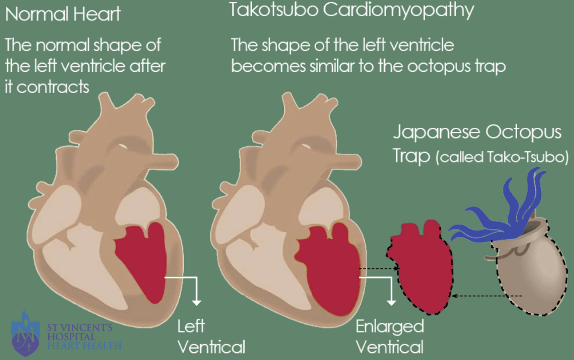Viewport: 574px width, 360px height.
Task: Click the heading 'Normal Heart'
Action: click(63, 14)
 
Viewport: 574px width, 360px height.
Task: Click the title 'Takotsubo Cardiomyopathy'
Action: click(351, 11)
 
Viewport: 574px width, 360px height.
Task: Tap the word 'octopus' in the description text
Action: click(439, 66)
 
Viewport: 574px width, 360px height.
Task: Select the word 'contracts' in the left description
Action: click(53, 87)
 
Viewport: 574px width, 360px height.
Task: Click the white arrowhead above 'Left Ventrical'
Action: click(196, 303)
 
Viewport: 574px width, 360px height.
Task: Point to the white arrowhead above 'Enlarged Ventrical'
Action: click(391, 303)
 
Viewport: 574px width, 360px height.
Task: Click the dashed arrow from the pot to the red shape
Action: click(487, 296)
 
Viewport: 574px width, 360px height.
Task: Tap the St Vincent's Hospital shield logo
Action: click(25, 334)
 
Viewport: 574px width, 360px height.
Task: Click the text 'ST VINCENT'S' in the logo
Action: click(80, 328)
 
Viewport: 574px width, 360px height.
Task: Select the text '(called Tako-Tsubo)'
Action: click(502, 157)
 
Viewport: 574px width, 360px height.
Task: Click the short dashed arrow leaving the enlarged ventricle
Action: click(379, 269)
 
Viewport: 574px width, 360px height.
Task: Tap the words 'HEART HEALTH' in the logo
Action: click(85, 346)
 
